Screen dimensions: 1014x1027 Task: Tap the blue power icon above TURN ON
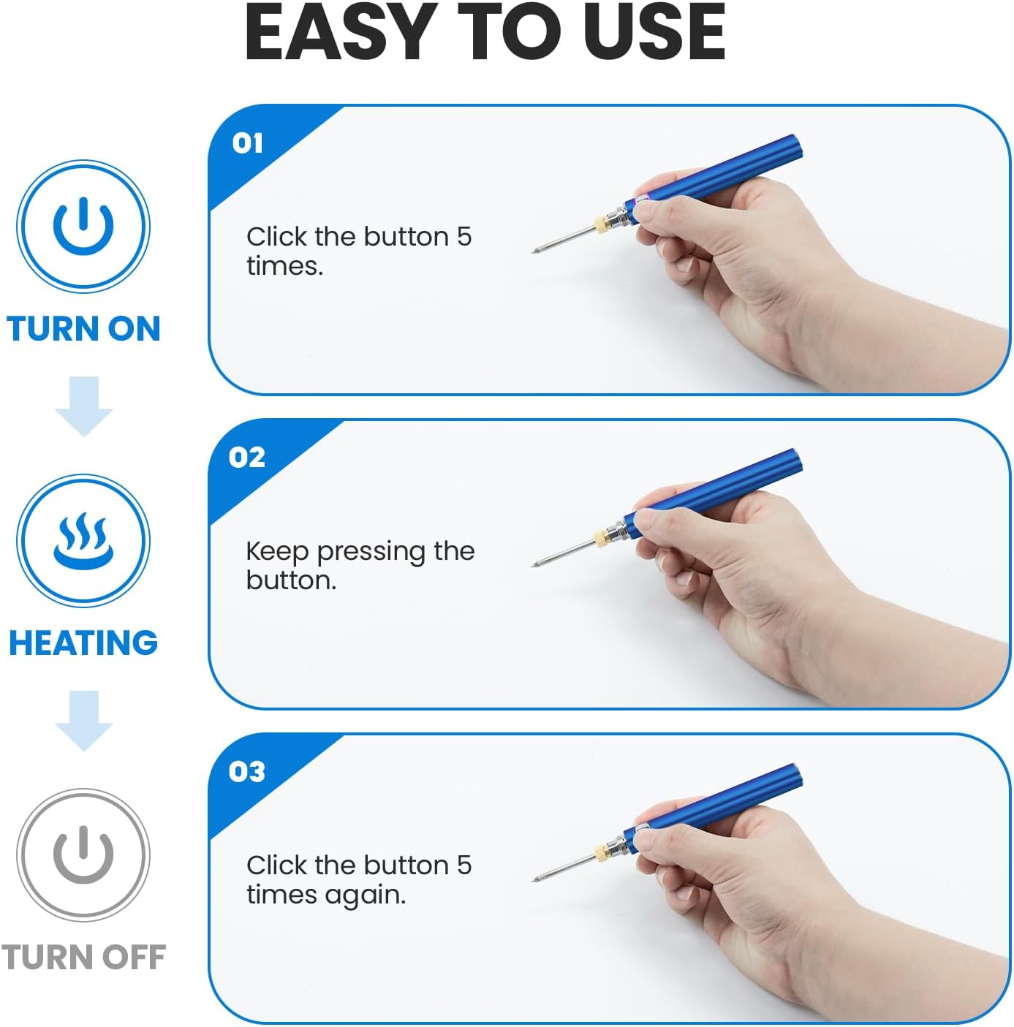[x=83, y=226]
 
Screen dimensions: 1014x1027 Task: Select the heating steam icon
[x=83, y=540]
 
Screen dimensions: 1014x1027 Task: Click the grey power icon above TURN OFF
[x=83, y=854]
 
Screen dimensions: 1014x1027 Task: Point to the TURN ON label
[x=83, y=328]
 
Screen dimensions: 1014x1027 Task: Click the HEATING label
[x=83, y=643]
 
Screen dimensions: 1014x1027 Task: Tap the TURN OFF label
[x=83, y=957]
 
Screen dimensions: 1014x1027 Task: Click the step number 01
[x=247, y=143]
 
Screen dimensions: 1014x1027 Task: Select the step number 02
[x=247, y=457]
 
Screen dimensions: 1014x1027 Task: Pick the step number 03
[x=247, y=771]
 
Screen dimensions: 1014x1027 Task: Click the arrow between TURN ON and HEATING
[x=83, y=406]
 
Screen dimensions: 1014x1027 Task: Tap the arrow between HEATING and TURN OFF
[x=83, y=721]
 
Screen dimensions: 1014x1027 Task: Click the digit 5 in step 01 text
[x=464, y=236]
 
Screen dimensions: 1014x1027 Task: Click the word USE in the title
[x=654, y=32]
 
